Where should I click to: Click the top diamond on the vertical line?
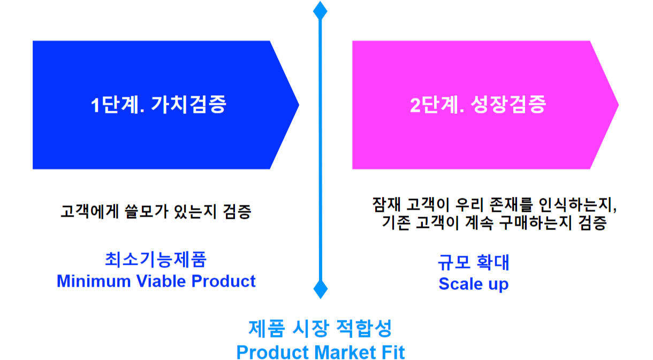[320, 11]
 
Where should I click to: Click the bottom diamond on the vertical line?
[321, 289]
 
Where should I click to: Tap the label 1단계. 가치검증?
[158, 104]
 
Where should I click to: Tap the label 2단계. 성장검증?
[478, 104]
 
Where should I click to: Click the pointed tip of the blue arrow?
[299, 105]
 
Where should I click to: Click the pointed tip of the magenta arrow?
[618, 105]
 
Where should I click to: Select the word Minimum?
[94, 281]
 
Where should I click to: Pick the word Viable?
[161, 281]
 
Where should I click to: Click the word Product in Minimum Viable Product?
[224, 281]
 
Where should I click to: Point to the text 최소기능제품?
[156, 259]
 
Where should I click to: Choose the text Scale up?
[474, 284]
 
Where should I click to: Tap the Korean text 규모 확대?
[474, 262]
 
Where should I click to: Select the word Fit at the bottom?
[393, 353]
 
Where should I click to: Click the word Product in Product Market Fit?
[272, 353]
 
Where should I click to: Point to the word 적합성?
[364, 328]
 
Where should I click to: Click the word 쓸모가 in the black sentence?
[147, 211]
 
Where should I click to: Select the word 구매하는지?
[536, 223]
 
